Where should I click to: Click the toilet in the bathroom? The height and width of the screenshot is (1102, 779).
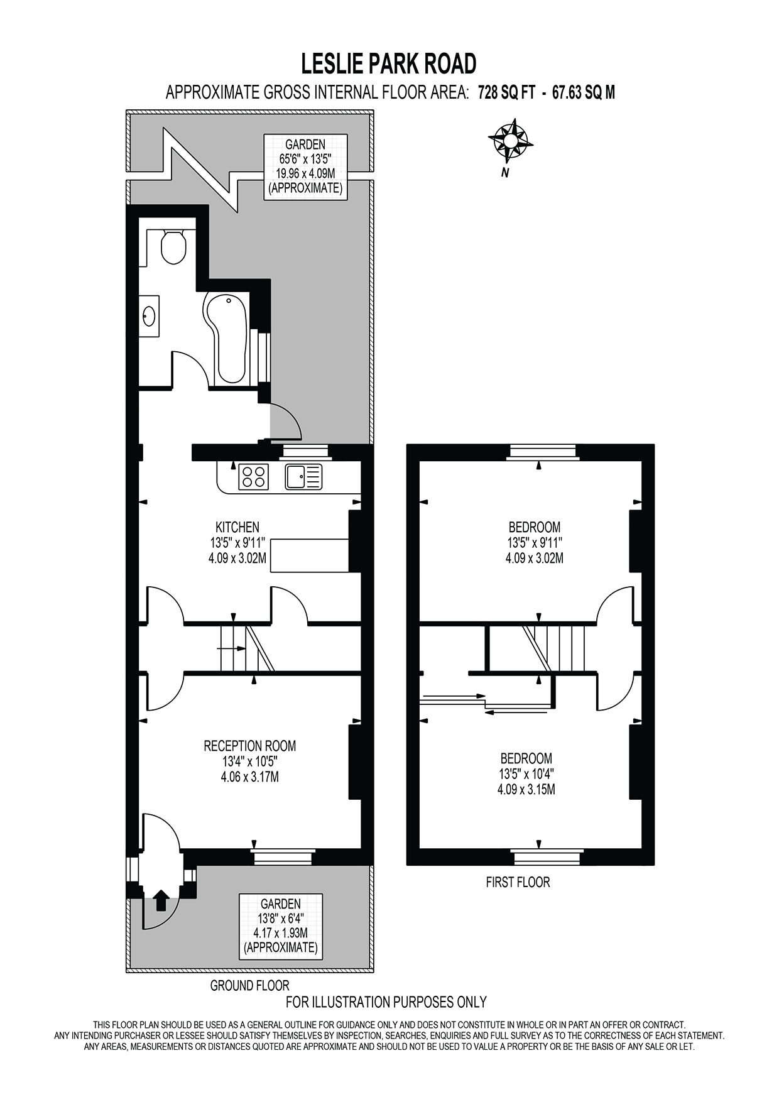[173, 248]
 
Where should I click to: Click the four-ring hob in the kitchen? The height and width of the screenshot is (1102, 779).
[253, 476]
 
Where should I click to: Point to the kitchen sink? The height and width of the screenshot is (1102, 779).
[303, 476]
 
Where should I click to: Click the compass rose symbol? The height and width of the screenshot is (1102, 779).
[510, 141]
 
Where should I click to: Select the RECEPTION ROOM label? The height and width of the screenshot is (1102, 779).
[249, 746]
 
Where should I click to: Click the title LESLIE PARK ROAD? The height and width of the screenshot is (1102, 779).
[389, 63]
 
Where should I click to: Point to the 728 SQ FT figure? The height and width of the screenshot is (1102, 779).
[506, 93]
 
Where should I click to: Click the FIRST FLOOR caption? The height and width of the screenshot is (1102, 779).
[518, 882]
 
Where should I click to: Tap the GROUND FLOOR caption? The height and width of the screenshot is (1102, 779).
[249, 986]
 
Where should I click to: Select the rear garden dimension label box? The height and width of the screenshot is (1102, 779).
[305, 166]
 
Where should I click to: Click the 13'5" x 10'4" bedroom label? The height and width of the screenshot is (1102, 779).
[526, 774]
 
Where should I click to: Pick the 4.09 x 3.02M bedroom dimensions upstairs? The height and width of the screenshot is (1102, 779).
[534, 558]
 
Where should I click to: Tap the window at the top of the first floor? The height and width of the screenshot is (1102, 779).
[543, 452]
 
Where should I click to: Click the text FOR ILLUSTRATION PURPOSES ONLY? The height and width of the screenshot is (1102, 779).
[386, 1001]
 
